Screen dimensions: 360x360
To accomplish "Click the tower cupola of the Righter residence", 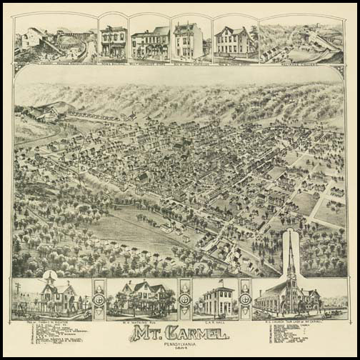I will tap(49, 280).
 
